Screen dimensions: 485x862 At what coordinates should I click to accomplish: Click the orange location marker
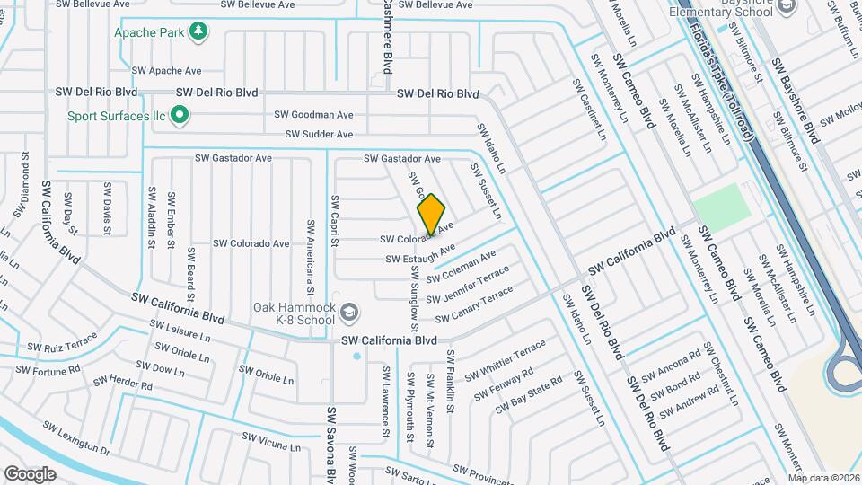[431, 214]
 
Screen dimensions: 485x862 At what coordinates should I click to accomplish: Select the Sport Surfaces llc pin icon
[180, 115]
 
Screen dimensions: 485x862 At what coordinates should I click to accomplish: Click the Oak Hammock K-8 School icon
[349, 313]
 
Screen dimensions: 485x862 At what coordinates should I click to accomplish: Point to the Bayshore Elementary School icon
[787, 8]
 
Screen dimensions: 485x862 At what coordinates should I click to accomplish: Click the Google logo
[31, 473]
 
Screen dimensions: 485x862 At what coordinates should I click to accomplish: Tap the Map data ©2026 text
[823, 478]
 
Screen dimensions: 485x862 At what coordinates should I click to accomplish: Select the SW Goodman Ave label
[313, 115]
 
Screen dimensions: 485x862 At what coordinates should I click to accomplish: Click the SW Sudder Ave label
[319, 135]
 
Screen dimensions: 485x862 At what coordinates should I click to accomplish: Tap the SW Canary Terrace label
[473, 306]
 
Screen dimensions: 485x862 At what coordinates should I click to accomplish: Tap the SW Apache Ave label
[166, 69]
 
